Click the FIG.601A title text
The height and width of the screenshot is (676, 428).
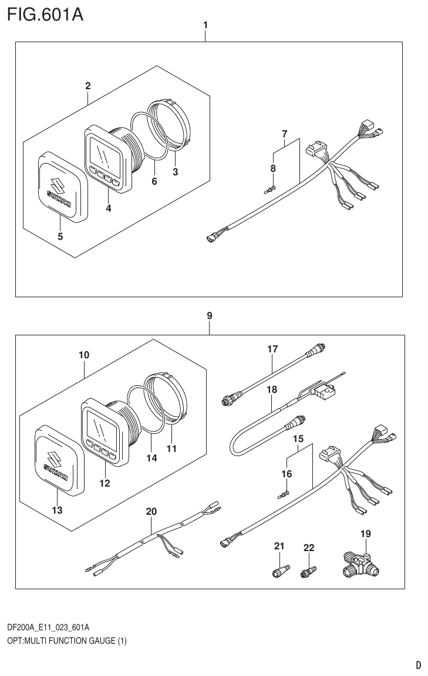(45, 14)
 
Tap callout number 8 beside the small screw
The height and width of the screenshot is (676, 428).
(273, 168)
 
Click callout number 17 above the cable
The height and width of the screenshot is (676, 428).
(272, 349)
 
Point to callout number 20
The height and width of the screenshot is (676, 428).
(151, 511)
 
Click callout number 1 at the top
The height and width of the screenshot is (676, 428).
(205, 25)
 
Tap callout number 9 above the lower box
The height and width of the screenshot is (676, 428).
(209, 315)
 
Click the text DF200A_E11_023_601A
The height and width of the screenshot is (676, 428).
(48, 627)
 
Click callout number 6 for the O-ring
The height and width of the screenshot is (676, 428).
(154, 182)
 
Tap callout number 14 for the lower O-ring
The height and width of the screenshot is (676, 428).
(152, 458)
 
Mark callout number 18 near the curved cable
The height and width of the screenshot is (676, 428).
(272, 389)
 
